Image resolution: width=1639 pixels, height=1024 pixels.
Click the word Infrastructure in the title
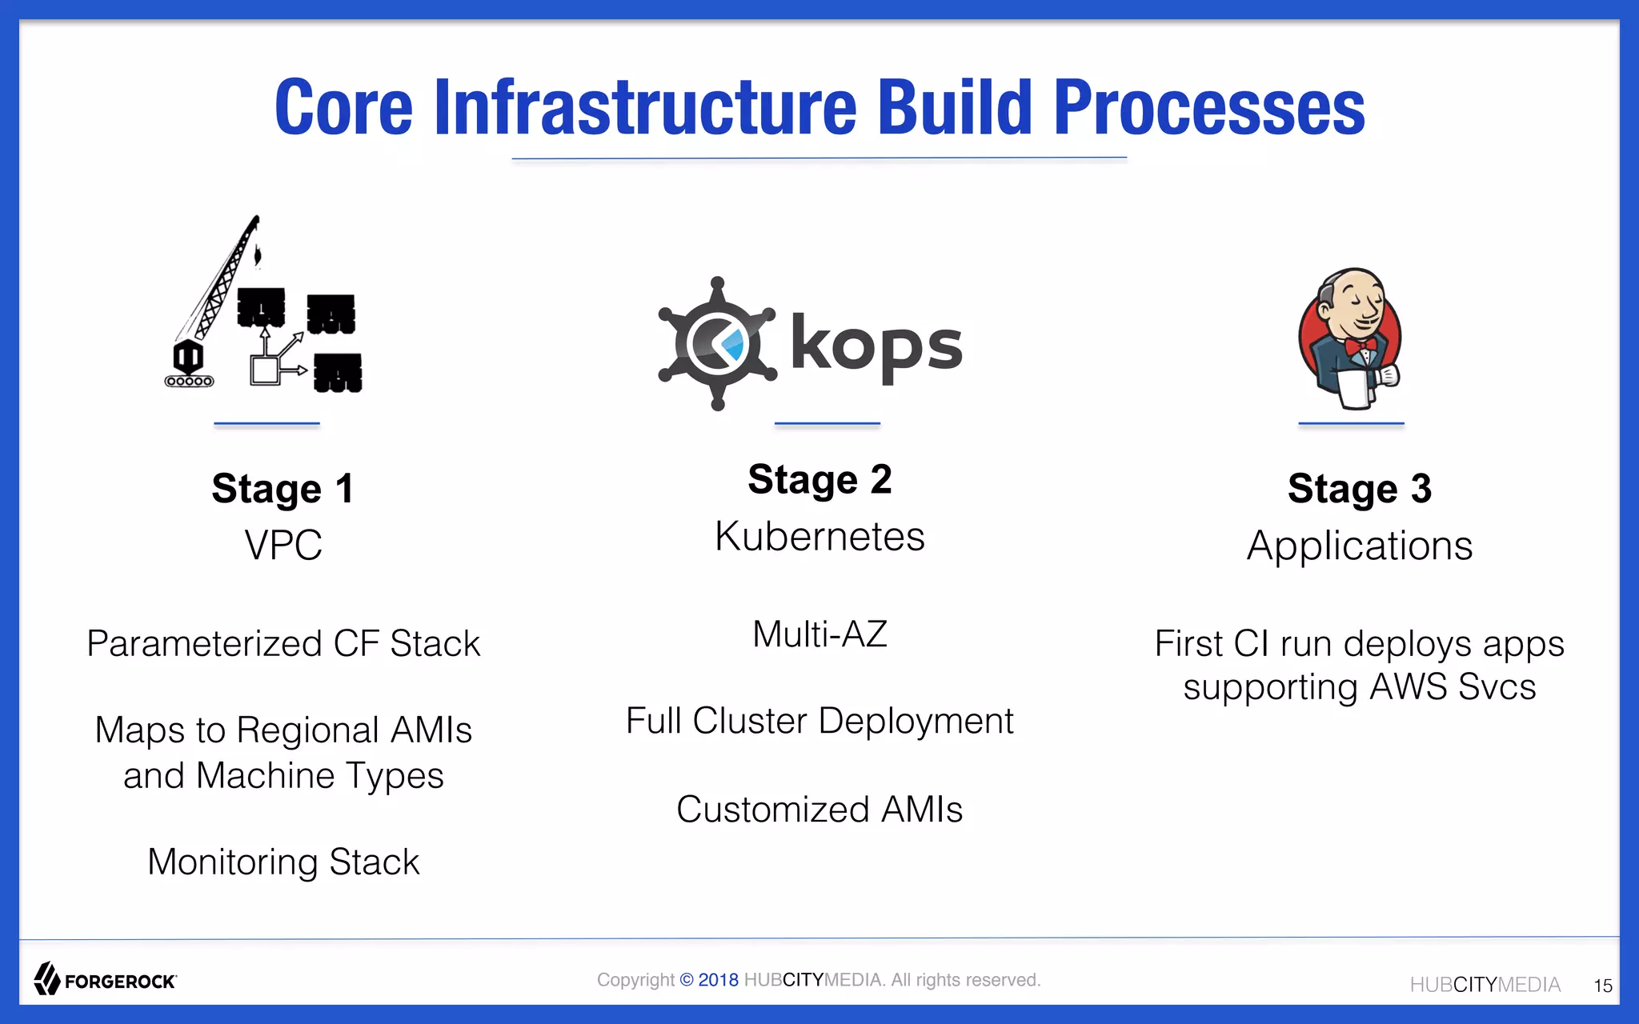pyautogui.click(x=645, y=108)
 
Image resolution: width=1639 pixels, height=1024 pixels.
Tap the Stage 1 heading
pyautogui.click(x=283, y=489)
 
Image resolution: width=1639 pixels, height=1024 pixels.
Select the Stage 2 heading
pyautogui.click(x=819, y=480)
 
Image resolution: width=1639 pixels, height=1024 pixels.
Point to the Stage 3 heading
pyautogui.click(x=1359, y=489)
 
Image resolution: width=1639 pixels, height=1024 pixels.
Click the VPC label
pyautogui.click(x=283, y=546)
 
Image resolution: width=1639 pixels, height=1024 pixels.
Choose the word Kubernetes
pyautogui.click(x=819, y=537)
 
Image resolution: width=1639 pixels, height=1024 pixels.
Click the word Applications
pyautogui.click(x=1359, y=546)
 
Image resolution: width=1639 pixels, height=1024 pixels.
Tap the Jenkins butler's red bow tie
pyautogui.click(x=1360, y=347)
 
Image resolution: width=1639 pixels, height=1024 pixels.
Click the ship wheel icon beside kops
pyautogui.click(x=717, y=344)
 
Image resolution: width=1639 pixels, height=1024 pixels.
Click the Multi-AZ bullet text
pyautogui.click(x=819, y=634)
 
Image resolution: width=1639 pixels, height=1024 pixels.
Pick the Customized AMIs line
pyautogui.click(x=819, y=809)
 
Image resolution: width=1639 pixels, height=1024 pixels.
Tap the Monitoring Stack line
pyautogui.click(x=283, y=862)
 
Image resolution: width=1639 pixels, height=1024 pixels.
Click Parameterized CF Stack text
pyautogui.click(x=283, y=644)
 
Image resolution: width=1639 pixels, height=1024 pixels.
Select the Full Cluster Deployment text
pyautogui.click(x=819, y=721)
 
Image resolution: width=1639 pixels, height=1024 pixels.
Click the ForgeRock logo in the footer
pyautogui.click(x=105, y=980)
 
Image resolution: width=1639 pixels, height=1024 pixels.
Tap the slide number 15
pyautogui.click(x=1602, y=986)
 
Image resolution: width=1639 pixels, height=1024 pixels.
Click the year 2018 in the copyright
pyautogui.click(x=718, y=980)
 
